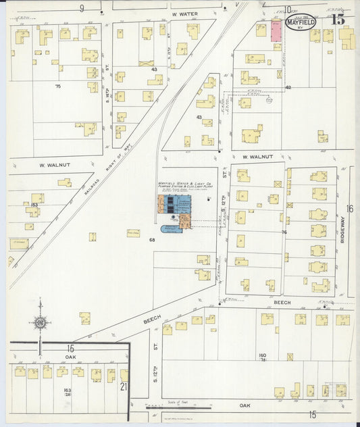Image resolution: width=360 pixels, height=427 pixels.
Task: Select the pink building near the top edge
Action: pyautogui.click(x=277, y=31)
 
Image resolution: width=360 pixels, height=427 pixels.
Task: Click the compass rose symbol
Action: pyautogui.click(x=41, y=324)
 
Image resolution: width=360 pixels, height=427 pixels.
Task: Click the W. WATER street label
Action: pyautogui.click(x=183, y=14)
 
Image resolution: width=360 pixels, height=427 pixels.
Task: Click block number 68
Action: pyautogui.click(x=152, y=240)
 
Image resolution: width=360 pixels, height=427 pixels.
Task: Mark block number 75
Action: pyautogui.click(x=57, y=86)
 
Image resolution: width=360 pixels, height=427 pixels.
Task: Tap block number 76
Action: pyautogui.click(x=284, y=232)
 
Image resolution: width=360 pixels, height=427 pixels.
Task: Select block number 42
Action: pyautogui.click(x=288, y=88)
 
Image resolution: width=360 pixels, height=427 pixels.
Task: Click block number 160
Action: pyautogui.click(x=263, y=355)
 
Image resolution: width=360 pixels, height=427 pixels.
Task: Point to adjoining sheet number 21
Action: pyautogui.click(x=123, y=386)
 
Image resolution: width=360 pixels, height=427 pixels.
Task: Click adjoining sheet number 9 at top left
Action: pyautogui.click(x=82, y=8)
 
